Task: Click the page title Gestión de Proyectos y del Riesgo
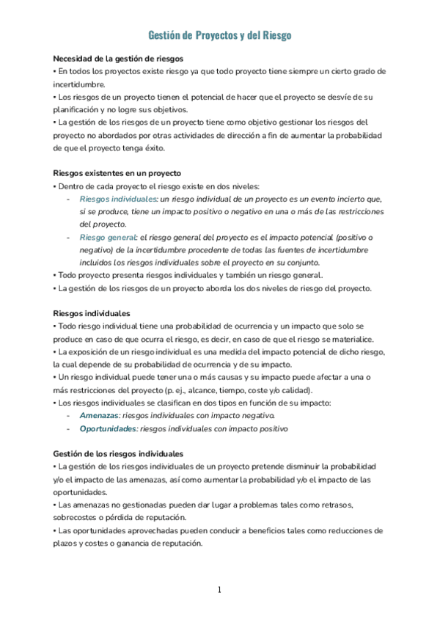[220, 35]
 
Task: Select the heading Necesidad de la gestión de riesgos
[118, 58]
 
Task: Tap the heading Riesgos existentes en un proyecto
[117, 174]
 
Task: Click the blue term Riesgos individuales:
[118, 199]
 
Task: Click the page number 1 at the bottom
[219, 590]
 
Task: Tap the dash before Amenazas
[69, 416]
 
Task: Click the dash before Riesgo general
[69, 237]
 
